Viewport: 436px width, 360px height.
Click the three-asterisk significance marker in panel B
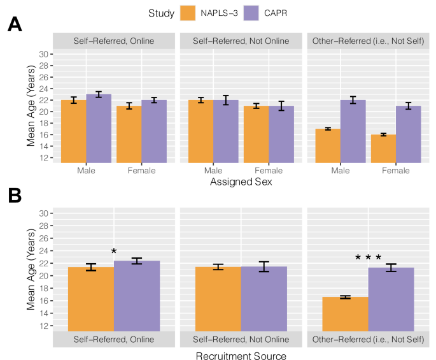pos(368,258)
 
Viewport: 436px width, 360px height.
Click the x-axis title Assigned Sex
pos(241,183)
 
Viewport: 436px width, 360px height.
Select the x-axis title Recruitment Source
pos(241,356)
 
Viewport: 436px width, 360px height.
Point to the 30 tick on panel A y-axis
pos(45,54)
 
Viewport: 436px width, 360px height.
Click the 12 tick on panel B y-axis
pos(45,326)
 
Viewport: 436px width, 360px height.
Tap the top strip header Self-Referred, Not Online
pos(241,41)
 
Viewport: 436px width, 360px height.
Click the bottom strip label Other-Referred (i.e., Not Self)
pos(368,339)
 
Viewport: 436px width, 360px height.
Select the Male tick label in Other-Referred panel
pos(341,171)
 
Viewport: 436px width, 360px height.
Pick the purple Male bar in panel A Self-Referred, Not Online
pos(226,131)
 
